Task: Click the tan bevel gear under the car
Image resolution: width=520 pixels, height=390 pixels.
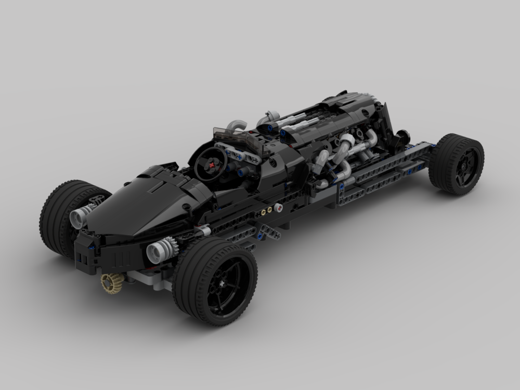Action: click(112, 283)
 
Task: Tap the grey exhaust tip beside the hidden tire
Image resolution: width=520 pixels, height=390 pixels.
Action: click(79, 217)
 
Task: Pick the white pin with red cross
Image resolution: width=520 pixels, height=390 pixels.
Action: click(280, 208)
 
